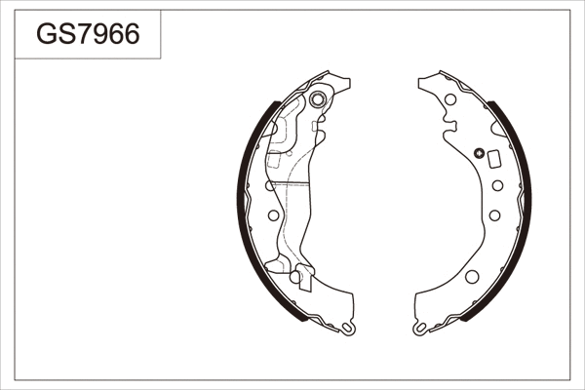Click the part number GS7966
pyautogui.click(x=88, y=35)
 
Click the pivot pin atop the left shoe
pyautogui.click(x=318, y=100)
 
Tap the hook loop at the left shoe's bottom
pyautogui.click(x=348, y=331)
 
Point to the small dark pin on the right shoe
pyautogui.click(x=479, y=152)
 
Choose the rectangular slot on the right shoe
pyautogui.click(x=493, y=160)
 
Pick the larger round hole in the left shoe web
pyautogui.click(x=272, y=214)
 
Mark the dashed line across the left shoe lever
pyautogui.click(x=288, y=183)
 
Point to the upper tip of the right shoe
pyautogui.click(x=421, y=80)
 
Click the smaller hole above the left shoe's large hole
pyautogui.click(x=271, y=185)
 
